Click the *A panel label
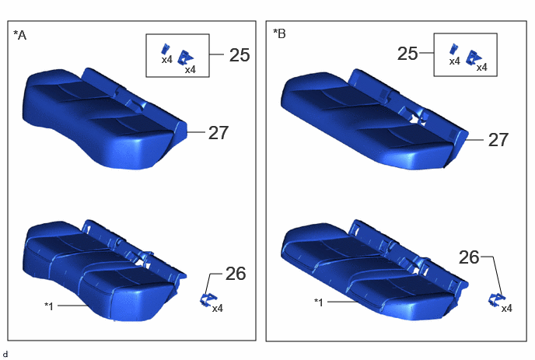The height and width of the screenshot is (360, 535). (19, 35)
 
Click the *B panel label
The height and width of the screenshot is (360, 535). (279, 33)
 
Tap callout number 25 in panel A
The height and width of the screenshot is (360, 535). (240, 55)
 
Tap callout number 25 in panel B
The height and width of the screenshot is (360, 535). (407, 54)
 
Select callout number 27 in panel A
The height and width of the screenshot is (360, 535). (219, 133)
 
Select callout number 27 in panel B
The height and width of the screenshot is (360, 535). (498, 140)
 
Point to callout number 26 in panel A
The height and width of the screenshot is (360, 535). (236, 274)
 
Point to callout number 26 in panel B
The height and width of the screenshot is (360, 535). (469, 257)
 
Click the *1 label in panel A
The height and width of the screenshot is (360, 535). (49, 306)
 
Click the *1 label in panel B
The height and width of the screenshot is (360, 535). (318, 302)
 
